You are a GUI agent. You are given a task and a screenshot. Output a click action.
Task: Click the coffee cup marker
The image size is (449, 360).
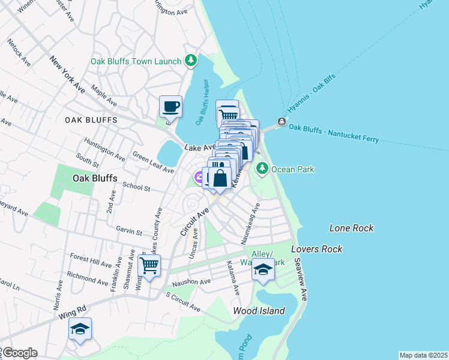pyautogui.click(x=170, y=107)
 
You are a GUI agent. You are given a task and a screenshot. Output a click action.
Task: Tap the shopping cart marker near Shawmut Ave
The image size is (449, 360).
pyautogui.click(x=149, y=265)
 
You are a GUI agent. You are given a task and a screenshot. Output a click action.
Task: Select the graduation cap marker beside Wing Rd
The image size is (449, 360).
pyautogui.click(x=80, y=329)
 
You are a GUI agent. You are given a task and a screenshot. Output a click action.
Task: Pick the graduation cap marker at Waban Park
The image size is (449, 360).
pyautogui.click(x=263, y=271)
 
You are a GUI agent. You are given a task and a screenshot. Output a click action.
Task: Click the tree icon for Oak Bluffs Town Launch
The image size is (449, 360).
pyautogui.click(x=191, y=60)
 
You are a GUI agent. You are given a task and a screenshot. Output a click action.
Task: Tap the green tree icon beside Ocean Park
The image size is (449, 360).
pyautogui.click(x=262, y=169)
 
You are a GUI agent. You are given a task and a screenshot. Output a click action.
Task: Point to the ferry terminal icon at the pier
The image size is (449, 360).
pyautogui.click(x=282, y=123)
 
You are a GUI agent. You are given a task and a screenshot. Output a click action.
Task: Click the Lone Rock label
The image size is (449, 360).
pyautogui.click(x=351, y=228)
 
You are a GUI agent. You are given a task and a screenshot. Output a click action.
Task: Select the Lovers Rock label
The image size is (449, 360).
pyautogui.click(x=316, y=249)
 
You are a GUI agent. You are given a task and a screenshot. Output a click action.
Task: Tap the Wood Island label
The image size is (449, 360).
pyautogui.click(x=259, y=311)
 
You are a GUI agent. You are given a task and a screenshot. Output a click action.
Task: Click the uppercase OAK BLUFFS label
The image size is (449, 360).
pyautogui.click(x=90, y=120)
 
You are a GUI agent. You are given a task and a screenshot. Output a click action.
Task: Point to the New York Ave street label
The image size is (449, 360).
pyautogui.click(x=67, y=74)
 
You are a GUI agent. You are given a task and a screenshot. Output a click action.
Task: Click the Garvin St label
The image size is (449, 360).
pyautogui.click(x=130, y=232)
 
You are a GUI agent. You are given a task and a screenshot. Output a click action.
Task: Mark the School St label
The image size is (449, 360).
pyautogui.click(x=136, y=187)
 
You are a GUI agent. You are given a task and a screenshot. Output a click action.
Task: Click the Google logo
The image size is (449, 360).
pyautogui.click(x=19, y=353)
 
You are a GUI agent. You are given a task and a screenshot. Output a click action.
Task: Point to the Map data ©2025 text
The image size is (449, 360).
pyautogui.click(x=423, y=355)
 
